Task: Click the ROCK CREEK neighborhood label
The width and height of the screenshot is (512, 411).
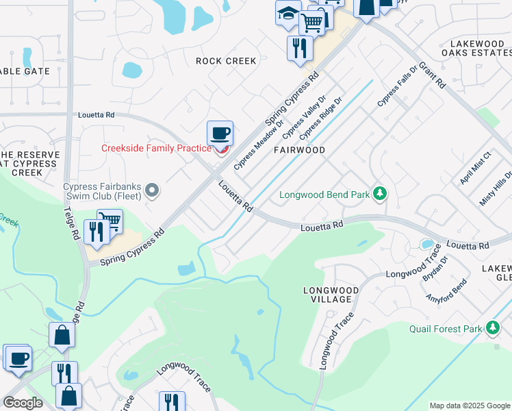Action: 226,61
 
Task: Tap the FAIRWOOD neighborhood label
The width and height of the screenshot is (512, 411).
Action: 298,149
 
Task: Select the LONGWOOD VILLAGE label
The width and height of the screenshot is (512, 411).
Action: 331,295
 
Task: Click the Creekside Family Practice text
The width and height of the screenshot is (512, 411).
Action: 157,148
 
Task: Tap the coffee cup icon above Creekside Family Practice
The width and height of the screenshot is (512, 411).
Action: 220,133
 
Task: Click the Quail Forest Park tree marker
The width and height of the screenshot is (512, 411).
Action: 492,329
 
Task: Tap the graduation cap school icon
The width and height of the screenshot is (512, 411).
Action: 287,12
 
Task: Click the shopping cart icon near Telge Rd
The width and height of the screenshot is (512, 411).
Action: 110,221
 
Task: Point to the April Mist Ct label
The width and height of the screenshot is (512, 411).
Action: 476,169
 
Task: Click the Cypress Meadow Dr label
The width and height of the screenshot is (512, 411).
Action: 259,142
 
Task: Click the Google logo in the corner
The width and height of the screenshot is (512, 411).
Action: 23,403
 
